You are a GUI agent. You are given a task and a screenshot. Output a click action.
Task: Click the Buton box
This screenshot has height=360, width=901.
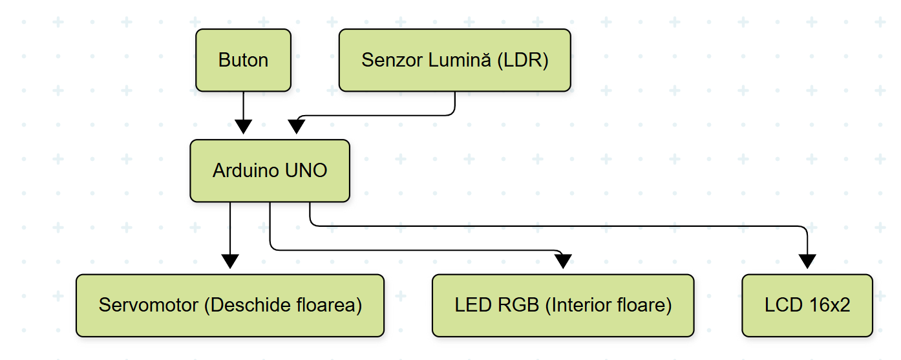[243, 60]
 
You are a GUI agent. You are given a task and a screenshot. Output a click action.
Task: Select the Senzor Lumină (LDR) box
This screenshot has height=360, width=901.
[454, 60]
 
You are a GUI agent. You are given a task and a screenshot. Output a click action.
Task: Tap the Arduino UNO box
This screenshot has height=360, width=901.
[270, 171]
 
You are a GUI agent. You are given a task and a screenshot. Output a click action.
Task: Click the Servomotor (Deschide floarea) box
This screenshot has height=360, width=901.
[229, 305]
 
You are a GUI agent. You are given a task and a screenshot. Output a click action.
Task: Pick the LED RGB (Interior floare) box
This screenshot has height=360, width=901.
[562, 305]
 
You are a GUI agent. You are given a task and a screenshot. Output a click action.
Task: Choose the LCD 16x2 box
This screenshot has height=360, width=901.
[807, 305]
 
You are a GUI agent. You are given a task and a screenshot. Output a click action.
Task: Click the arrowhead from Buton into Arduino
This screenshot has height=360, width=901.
[243, 126]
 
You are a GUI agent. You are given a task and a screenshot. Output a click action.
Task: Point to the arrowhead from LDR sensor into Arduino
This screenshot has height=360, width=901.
[296, 127]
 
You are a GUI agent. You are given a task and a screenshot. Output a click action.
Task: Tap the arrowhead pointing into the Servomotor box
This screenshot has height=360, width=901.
[229, 261]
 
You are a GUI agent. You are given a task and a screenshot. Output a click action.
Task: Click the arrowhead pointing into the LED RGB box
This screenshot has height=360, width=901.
[563, 261]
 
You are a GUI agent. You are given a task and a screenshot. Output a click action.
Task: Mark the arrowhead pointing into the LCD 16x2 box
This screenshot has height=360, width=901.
[807, 261]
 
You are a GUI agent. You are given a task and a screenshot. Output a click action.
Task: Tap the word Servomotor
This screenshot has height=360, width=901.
[149, 305]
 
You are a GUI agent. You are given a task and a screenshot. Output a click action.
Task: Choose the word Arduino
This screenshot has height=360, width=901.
[246, 171]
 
